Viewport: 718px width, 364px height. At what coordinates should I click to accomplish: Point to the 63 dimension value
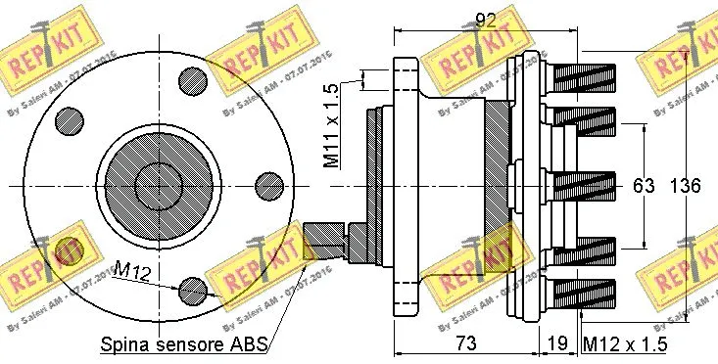point(643,186)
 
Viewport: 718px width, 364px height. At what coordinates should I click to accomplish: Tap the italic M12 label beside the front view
point(131,268)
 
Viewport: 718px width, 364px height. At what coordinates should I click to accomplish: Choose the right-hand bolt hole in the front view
point(268,185)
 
